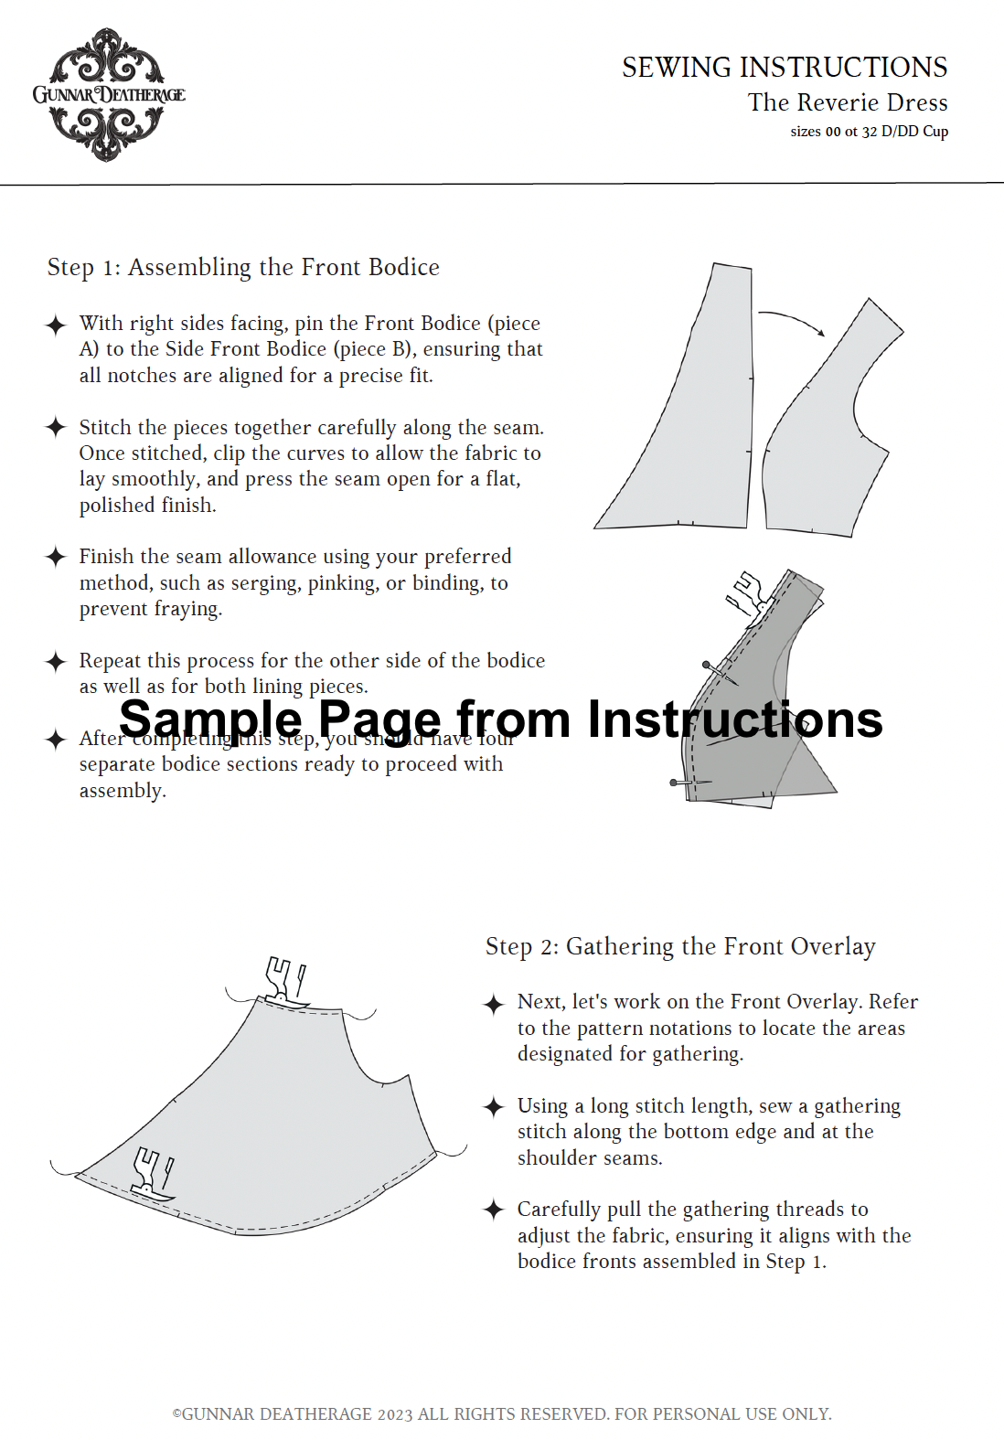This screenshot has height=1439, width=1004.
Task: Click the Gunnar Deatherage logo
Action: (x=108, y=94)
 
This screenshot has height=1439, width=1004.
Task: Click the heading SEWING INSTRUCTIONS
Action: (x=784, y=68)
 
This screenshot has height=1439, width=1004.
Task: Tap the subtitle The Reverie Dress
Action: (x=847, y=102)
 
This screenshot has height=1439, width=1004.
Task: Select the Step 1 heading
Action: (x=243, y=267)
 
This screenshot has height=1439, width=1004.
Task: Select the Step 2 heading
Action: (x=679, y=946)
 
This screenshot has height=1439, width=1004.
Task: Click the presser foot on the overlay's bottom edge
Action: (x=153, y=1173)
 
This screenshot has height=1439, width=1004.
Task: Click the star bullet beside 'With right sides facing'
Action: (x=56, y=325)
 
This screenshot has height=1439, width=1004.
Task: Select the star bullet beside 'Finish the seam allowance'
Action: (x=56, y=557)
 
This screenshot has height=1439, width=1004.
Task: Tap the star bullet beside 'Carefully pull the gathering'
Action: (x=494, y=1210)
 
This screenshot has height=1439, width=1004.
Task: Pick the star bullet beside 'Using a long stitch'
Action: (x=494, y=1106)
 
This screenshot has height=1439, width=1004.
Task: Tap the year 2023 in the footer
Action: (x=395, y=1413)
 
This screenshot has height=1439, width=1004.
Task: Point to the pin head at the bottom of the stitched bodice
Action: (x=674, y=783)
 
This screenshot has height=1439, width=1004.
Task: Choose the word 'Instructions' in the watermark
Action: (x=734, y=719)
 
